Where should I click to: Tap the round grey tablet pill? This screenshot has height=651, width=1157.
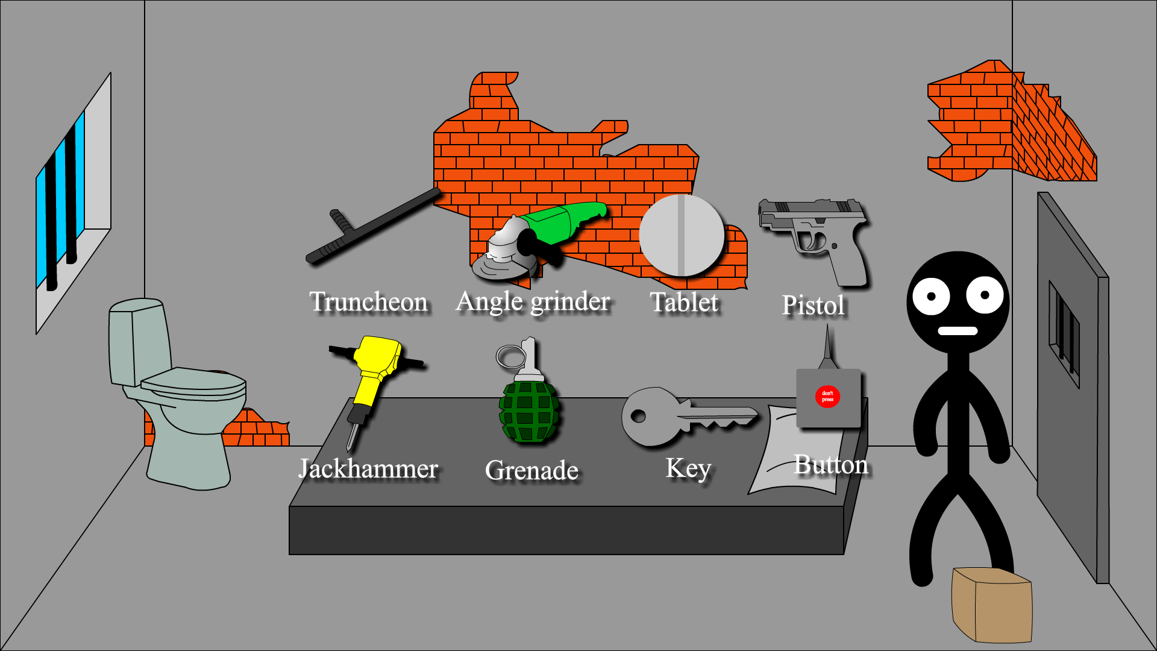click(682, 235)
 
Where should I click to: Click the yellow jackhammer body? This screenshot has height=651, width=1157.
click(377, 362)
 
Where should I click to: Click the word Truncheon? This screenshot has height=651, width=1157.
click(369, 302)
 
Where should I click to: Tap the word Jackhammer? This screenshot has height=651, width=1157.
click(368, 469)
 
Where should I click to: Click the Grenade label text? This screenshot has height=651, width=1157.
click(531, 471)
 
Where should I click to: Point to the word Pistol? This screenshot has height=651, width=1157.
click(813, 305)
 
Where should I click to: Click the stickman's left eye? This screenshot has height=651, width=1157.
click(931, 296)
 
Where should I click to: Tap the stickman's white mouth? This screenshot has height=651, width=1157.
click(958, 331)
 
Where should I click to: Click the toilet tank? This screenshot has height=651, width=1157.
click(137, 341)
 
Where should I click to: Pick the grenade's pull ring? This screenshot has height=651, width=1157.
click(509, 357)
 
